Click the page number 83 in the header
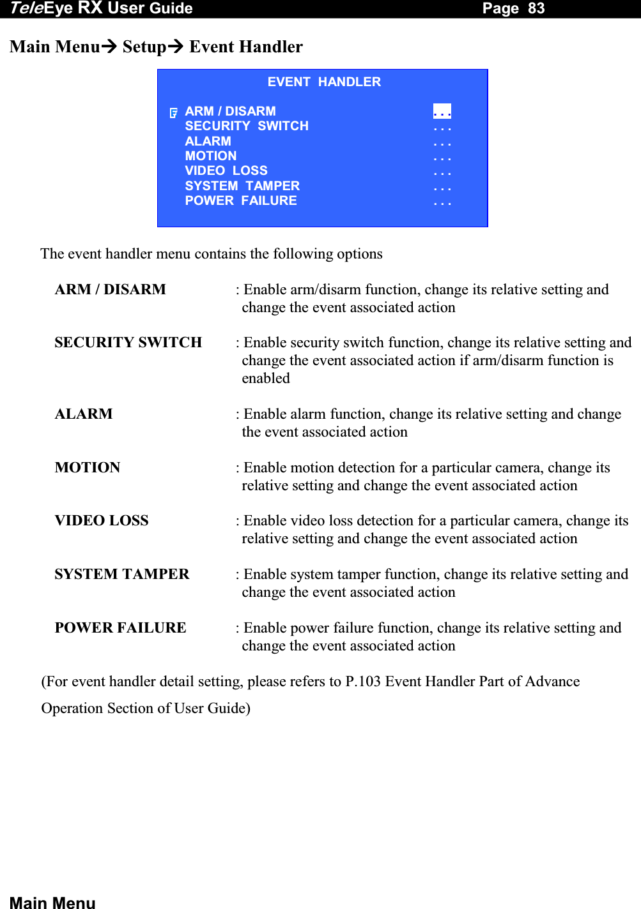tap(536, 8)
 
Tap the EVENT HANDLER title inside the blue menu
tap(324, 82)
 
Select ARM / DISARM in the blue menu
tap(230, 111)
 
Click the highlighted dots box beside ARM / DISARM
tap(442, 112)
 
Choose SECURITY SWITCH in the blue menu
tap(247, 126)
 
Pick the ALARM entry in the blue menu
tap(208, 141)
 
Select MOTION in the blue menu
tap(211, 156)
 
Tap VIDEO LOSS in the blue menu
tap(226, 170)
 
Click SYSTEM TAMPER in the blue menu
tap(242, 186)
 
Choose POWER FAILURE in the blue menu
tap(241, 200)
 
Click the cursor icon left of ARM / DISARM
tap(173, 113)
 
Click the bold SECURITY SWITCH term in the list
tap(128, 343)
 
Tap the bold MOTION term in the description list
tap(88, 468)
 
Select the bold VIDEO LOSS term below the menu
tap(102, 521)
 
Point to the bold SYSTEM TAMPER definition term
tap(122, 575)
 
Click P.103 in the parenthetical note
tap(363, 682)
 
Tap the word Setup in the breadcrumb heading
tap(144, 47)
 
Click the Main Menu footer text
tap(52, 902)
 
